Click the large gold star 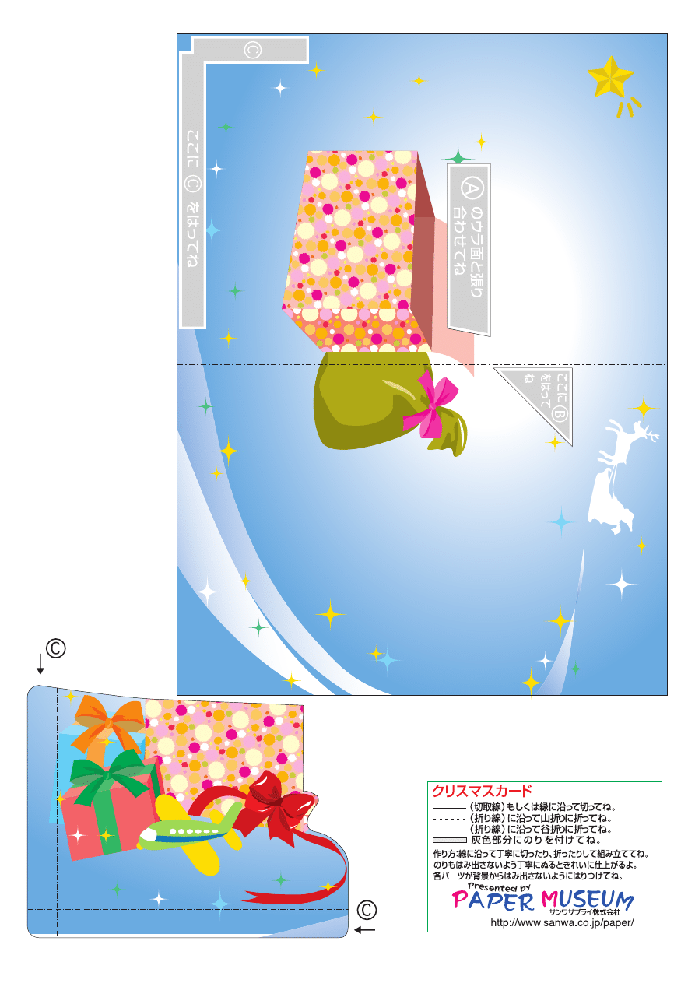point(610,77)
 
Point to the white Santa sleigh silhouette point(611,504)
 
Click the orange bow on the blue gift point(108,724)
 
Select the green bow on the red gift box point(110,776)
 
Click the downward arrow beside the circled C point(40,664)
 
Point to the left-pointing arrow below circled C point(364,929)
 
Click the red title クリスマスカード point(482,792)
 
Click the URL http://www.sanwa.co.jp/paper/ point(562,922)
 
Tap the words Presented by point(499,886)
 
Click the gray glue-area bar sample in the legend point(449,841)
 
